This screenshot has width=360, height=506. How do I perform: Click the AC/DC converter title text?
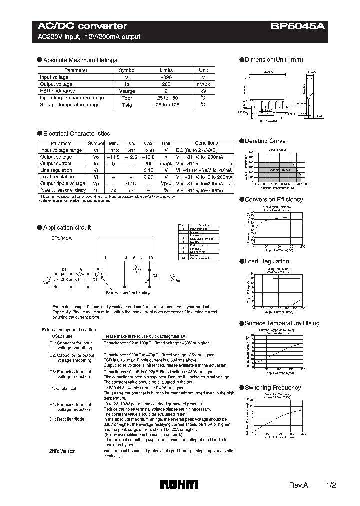(83, 26)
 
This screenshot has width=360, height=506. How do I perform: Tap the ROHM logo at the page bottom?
(179, 484)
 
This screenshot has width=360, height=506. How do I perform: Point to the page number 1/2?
(324, 485)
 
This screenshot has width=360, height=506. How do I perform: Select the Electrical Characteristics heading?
(76, 134)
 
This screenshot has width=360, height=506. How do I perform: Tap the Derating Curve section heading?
(265, 141)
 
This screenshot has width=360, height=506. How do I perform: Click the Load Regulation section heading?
(267, 261)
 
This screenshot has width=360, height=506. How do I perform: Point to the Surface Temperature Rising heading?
(282, 324)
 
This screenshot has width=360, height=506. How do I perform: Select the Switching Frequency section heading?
(272, 388)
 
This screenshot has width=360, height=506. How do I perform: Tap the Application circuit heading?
(67, 228)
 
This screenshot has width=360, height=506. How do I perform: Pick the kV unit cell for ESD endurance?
(203, 91)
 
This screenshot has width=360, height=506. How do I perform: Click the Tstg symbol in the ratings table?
(127, 105)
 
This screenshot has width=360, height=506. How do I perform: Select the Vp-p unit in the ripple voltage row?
(166, 183)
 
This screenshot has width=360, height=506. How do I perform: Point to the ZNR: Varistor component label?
(62, 451)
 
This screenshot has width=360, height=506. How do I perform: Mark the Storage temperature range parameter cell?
(70, 105)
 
